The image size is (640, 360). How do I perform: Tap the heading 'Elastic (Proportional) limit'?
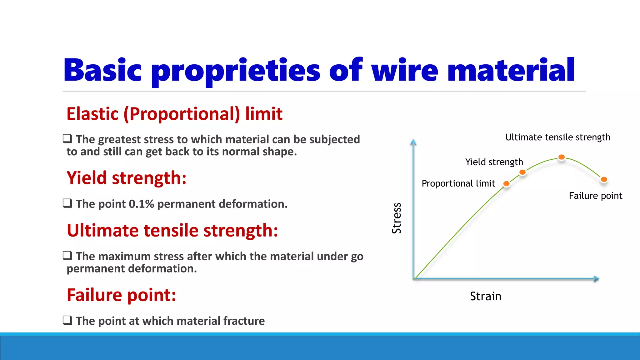pyautogui.click(x=174, y=114)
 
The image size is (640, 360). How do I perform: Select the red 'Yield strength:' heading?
pyautogui.click(x=127, y=178)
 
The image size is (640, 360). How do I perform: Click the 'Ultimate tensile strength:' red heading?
pyautogui.click(x=172, y=231)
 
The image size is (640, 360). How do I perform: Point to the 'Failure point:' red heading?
pyautogui.click(x=121, y=295)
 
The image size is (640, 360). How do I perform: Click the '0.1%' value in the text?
pyautogui.click(x=141, y=204)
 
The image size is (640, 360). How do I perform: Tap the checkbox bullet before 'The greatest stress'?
pyautogui.click(x=67, y=138)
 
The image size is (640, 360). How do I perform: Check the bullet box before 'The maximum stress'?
pyautogui.click(x=67, y=256)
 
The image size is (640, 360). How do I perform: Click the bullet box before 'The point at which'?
pyautogui.click(x=67, y=320)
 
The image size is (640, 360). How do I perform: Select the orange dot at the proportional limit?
pyautogui.click(x=506, y=184)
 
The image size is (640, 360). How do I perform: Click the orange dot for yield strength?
pyautogui.click(x=522, y=172)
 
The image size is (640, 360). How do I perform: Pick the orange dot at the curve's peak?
pyautogui.click(x=562, y=157)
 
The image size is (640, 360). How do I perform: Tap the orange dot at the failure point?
pyautogui.click(x=604, y=179)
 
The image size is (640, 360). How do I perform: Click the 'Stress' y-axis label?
pyautogui.click(x=397, y=218)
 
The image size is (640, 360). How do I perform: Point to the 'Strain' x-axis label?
pyautogui.click(x=485, y=296)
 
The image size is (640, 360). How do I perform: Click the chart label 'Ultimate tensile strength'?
pyautogui.click(x=557, y=137)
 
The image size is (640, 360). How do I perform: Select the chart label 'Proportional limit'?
pyautogui.click(x=458, y=183)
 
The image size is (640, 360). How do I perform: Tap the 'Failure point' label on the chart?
pyautogui.click(x=595, y=196)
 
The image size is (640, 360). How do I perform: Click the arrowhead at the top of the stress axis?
pyautogui.click(x=413, y=142)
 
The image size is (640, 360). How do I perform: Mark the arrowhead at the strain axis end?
pyautogui.click(x=596, y=279)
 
